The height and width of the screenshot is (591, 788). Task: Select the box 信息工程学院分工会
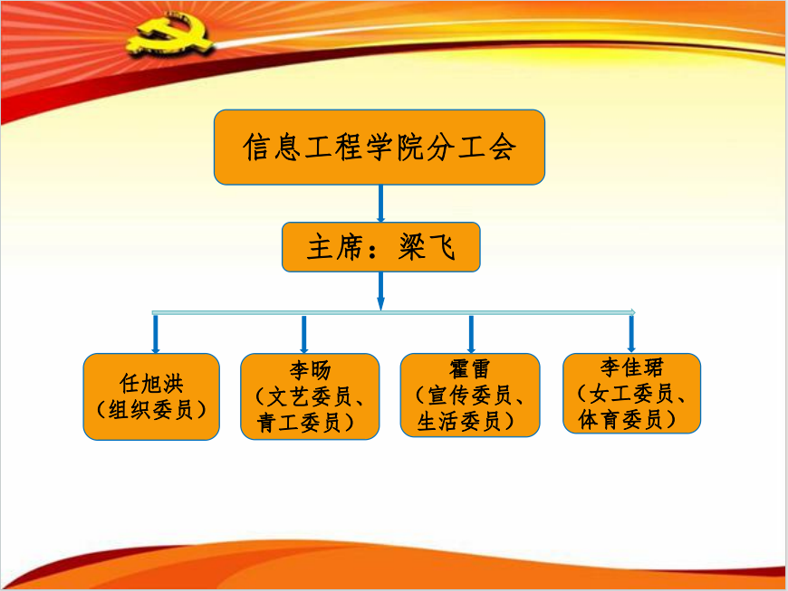[x=380, y=147]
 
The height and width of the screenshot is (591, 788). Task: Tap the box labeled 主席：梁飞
[x=380, y=248]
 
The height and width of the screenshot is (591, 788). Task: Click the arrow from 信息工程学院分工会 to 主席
[x=380, y=204]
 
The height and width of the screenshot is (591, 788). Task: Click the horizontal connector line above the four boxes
[x=393, y=312]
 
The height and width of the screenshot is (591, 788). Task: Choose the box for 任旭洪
[x=151, y=396]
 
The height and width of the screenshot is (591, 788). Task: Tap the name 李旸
[x=310, y=370]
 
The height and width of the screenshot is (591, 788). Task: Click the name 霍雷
[x=470, y=369]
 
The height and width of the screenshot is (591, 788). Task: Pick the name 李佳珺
[x=631, y=367]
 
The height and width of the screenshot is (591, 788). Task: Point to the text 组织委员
[x=151, y=409]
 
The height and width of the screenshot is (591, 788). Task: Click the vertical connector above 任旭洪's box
[x=156, y=333]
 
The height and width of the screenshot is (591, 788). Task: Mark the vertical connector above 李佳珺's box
[x=631, y=332]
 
